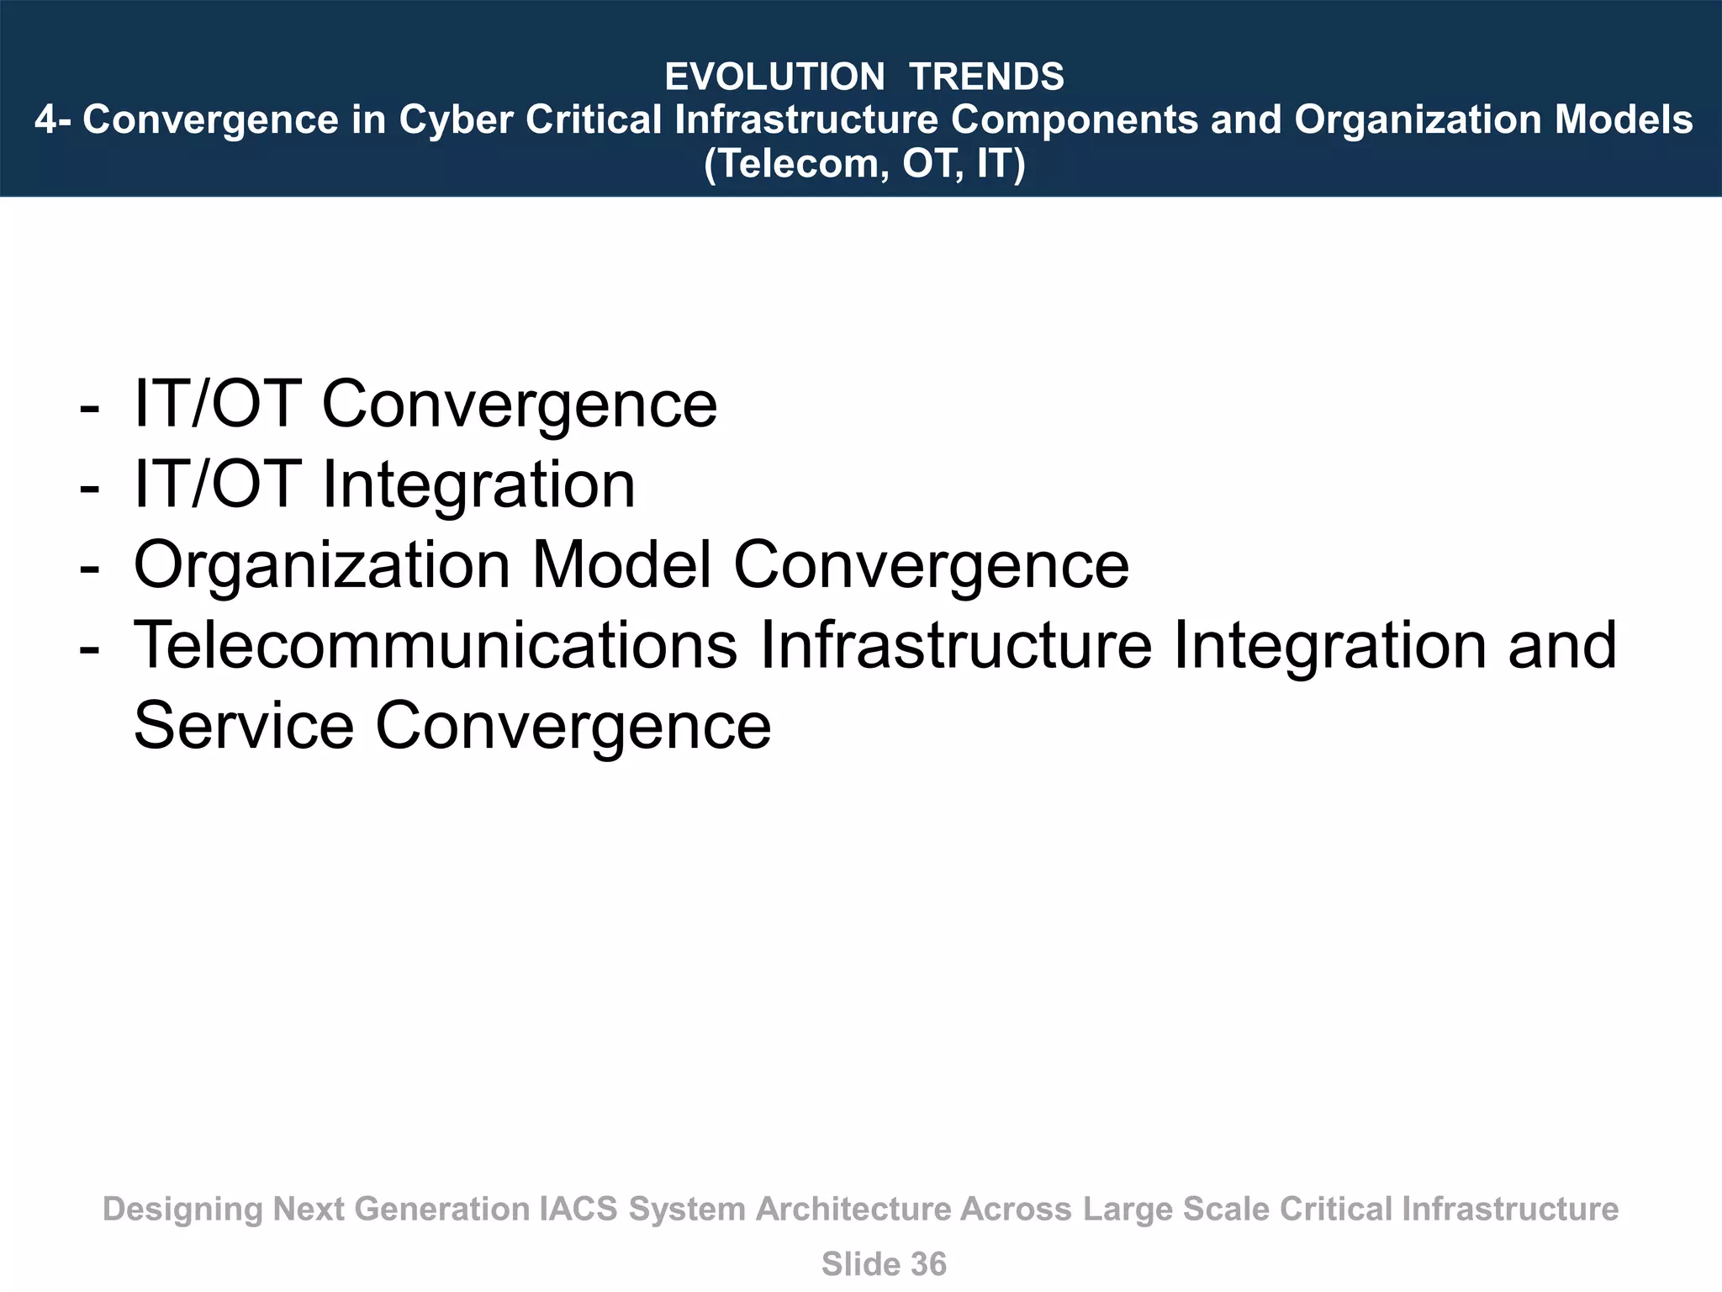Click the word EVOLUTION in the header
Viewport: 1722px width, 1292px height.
point(774,77)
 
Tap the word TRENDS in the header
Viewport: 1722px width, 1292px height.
point(986,77)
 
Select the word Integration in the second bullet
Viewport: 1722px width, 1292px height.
point(478,487)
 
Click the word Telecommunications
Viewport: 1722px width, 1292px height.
point(436,645)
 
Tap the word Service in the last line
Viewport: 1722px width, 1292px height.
point(244,726)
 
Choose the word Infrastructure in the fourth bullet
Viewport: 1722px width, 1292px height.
point(955,645)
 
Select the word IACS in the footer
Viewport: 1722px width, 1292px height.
point(577,1210)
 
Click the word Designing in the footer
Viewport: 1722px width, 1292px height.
point(182,1210)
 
